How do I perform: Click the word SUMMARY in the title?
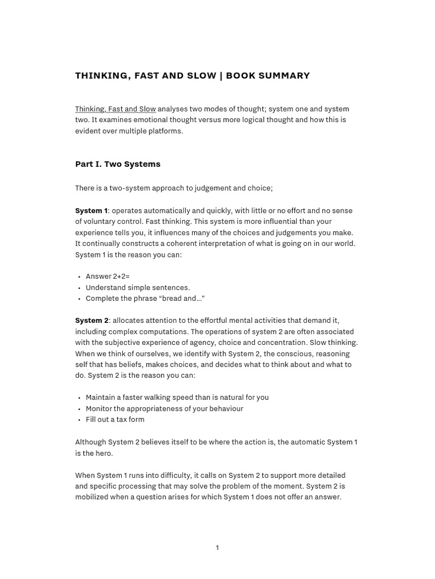(x=287, y=76)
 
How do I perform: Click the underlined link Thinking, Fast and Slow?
(x=116, y=109)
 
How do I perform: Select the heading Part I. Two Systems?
(x=118, y=164)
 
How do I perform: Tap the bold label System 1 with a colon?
(x=92, y=210)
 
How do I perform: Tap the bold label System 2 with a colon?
(x=92, y=321)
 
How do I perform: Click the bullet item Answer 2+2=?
(x=108, y=276)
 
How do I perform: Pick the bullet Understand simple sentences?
(x=138, y=287)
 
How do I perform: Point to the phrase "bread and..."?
(x=184, y=299)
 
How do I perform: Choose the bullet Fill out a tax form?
(x=115, y=420)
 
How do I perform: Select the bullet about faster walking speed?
(x=177, y=397)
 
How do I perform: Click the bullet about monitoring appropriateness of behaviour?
(x=164, y=408)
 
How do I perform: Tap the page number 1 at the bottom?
(x=217, y=548)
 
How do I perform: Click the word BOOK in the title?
(x=241, y=76)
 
